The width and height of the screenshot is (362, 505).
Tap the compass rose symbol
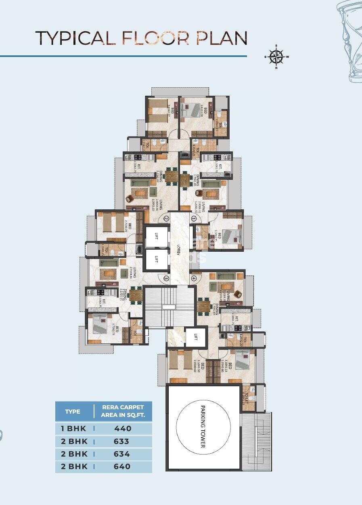(x=276, y=57)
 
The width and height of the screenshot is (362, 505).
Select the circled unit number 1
(x=194, y=219)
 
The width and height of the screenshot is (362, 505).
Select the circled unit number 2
(x=166, y=219)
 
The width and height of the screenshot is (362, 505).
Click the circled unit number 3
(x=166, y=278)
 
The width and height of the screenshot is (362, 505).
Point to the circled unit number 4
(x=194, y=278)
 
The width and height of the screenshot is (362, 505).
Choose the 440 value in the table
(x=122, y=429)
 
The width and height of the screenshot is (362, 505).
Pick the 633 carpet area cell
(x=122, y=441)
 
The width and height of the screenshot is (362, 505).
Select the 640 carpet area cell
(x=122, y=467)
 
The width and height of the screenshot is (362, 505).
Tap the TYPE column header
(x=73, y=412)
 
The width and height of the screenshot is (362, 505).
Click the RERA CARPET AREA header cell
(x=123, y=411)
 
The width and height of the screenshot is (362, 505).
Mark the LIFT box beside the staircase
(x=195, y=336)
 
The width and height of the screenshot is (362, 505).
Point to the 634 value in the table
(x=122, y=454)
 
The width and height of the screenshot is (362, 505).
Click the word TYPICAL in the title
(x=75, y=38)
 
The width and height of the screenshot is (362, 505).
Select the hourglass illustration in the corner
(x=350, y=40)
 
